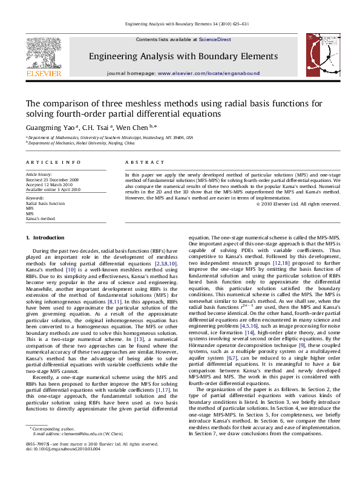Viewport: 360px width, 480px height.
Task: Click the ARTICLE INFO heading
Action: point(53,163)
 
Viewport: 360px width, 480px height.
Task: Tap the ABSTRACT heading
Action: point(145,163)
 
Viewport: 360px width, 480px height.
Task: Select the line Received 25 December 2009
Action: point(52,180)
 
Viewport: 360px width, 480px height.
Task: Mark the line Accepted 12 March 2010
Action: point(48,185)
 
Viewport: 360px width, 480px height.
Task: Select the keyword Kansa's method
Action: point(40,218)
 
